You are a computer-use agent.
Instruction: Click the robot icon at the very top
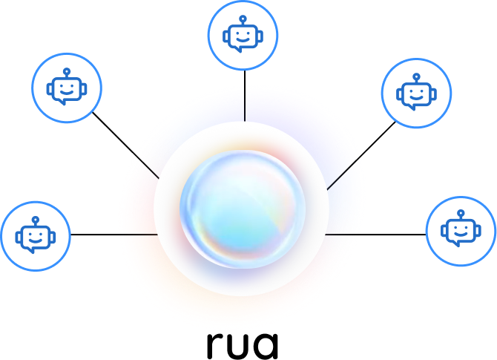point(243,35)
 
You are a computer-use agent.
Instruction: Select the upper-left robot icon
point(67,88)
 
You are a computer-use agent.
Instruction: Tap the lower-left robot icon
point(36,236)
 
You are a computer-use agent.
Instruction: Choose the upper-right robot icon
point(416,93)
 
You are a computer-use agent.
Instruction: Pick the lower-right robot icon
point(461,231)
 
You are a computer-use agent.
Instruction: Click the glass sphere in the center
point(243,209)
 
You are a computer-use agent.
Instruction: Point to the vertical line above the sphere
point(244,103)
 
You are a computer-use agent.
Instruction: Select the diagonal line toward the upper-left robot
point(148,168)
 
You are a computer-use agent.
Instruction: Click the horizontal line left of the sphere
point(138,235)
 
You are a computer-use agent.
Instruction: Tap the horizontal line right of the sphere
point(342,235)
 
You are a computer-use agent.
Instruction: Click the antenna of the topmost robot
point(243,18)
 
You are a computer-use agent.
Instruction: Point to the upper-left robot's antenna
point(67,71)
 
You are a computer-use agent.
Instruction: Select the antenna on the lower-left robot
point(36,220)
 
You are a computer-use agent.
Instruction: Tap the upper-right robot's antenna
point(416,76)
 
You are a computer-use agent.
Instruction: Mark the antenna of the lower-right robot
point(461,214)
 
